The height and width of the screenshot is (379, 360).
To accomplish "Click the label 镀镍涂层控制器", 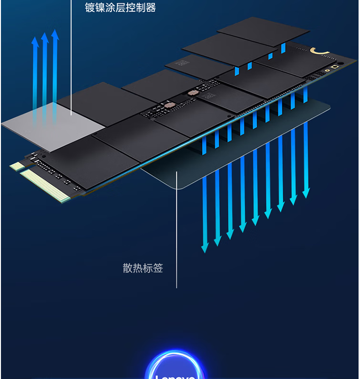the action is (x=120, y=8).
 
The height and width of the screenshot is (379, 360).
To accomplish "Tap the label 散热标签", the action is (x=143, y=268).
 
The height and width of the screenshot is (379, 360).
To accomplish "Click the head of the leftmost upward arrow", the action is (x=35, y=41).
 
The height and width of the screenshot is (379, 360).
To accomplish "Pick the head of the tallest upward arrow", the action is (x=55, y=33).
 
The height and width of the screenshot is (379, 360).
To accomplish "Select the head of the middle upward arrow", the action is (x=45, y=37).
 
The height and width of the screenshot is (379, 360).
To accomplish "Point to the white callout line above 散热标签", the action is (x=176, y=229).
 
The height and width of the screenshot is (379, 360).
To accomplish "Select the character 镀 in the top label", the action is (x=90, y=8).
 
